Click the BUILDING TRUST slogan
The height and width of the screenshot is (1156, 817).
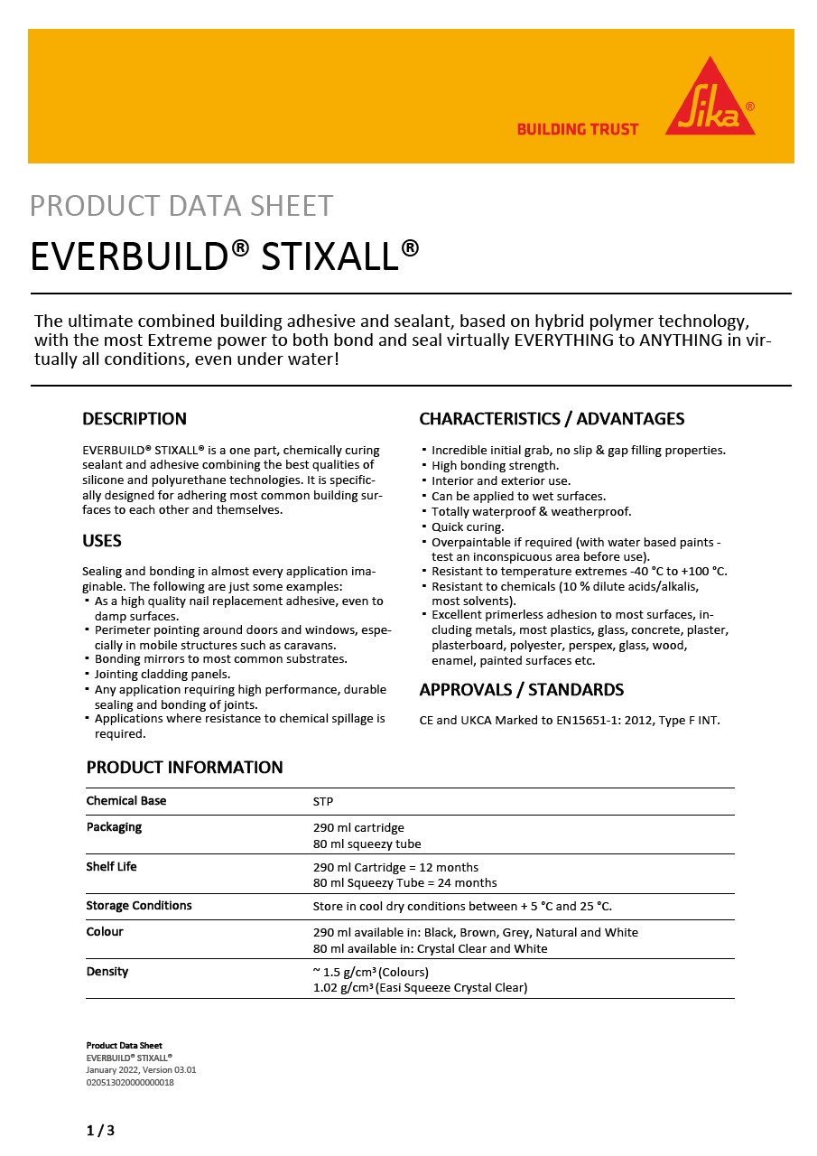click(x=577, y=129)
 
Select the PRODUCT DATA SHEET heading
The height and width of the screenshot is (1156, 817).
click(x=181, y=206)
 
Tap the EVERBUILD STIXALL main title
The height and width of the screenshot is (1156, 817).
click(x=225, y=256)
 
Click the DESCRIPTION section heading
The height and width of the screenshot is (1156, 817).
click(x=135, y=419)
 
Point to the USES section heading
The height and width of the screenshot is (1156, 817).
click(x=102, y=541)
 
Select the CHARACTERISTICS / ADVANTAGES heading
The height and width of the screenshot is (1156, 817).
click(x=552, y=419)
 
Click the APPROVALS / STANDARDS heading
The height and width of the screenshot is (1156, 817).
click(x=521, y=690)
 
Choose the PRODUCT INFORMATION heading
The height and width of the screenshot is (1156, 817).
click(x=184, y=768)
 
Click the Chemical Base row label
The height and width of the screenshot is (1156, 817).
click(x=126, y=801)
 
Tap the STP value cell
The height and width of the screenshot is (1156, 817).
click(x=323, y=802)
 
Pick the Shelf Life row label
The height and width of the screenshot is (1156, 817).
click(x=112, y=867)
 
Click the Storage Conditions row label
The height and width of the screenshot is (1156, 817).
click(x=139, y=906)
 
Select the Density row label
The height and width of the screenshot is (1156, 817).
click(x=107, y=972)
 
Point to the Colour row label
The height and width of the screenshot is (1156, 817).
click(x=105, y=932)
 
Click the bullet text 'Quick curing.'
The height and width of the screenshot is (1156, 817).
click(x=468, y=527)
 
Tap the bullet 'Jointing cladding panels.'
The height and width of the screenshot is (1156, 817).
click(x=162, y=675)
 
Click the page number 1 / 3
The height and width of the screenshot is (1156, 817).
click(x=100, y=1130)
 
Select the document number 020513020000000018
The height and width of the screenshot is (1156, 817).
click(x=130, y=1082)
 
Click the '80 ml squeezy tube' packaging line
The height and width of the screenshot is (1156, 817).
click(x=367, y=844)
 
